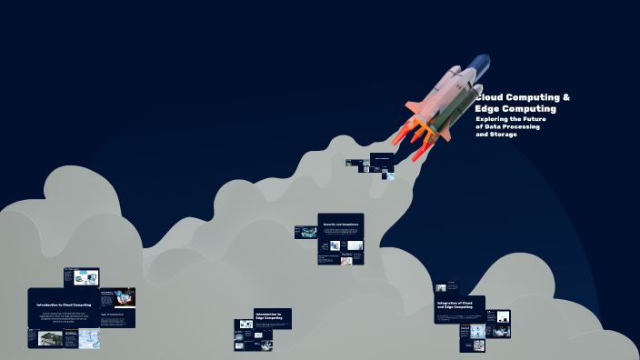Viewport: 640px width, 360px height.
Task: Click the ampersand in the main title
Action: [x=566, y=97]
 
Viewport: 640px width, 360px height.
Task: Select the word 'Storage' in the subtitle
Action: [x=504, y=135]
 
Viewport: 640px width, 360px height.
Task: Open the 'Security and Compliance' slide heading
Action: [x=340, y=224]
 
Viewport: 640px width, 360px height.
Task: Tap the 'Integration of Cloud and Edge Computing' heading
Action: [x=455, y=305]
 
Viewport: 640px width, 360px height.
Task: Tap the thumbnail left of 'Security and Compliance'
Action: [x=305, y=233]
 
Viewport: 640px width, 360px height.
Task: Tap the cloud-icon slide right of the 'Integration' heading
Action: [x=498, y=316]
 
